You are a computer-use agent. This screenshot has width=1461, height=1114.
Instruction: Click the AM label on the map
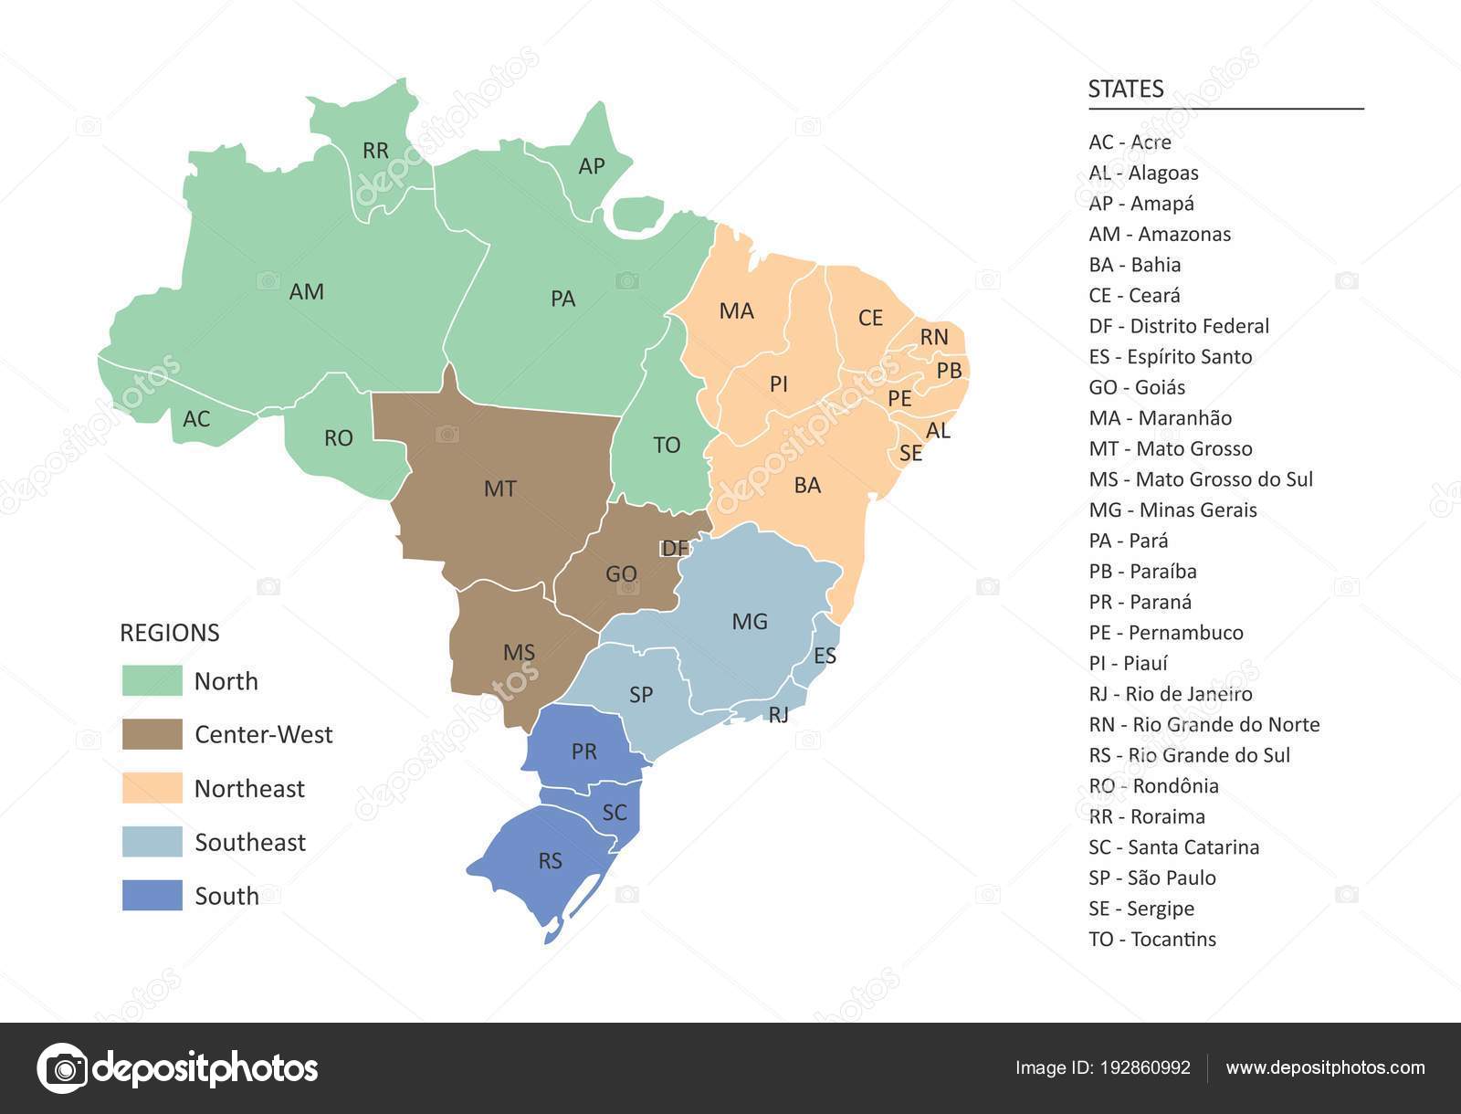tap(307, 291)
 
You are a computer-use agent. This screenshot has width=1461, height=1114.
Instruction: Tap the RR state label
tap(375, 151)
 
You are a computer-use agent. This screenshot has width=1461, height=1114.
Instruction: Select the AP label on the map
tap(592, 166)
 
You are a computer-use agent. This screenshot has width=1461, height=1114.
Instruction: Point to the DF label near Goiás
tap(675, 548)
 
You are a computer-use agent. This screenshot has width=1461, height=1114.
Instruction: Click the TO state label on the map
tap(667, 445)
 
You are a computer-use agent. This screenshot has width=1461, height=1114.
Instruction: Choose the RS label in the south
tap(550, 861)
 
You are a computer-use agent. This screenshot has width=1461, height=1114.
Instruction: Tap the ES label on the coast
tap(825, 656)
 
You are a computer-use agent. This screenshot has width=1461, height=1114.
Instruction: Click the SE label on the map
tap(910, 452)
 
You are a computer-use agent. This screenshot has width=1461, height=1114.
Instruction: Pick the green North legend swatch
tap(152, 681)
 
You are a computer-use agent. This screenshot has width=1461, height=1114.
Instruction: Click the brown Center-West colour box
tap(152, 734)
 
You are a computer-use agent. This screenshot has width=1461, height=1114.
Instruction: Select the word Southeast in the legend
tap(250, 842)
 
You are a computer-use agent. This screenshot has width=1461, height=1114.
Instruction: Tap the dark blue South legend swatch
tap(152, 896)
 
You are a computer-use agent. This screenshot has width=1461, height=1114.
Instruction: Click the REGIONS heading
tap(170, 633)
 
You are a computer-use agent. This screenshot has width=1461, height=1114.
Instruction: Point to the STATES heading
tap(1126, 89)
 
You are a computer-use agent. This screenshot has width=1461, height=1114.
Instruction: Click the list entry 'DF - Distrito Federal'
tap(1179, 326)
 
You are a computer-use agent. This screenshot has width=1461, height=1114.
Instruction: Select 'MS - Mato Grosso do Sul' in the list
tap(1201, 479)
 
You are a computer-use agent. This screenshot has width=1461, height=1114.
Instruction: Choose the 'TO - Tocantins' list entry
tap(1152, 939)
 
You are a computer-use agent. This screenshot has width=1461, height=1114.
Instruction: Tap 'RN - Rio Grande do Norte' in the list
tap(1204, 724)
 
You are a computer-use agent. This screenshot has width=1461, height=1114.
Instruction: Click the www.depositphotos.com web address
tap(1325, 1067)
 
